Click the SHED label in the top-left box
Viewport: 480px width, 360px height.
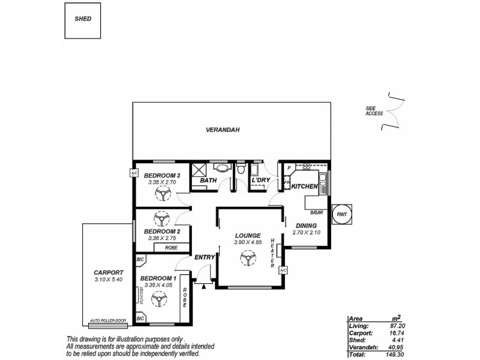click(x=83, y=19)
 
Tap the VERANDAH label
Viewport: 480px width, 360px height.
click(x=223, y=130)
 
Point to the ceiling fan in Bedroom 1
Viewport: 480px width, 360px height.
click(x=160, y=298)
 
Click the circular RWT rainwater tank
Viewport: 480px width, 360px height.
click(x=341, y=214)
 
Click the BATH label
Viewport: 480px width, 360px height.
click(x=208, y=180)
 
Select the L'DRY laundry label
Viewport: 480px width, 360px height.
click(x=260, y=180)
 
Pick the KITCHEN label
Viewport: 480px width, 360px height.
click(x=304, y=187)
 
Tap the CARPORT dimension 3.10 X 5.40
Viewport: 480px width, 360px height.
click(x=109, y=279)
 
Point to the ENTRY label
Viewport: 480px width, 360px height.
click(x=205, y=257)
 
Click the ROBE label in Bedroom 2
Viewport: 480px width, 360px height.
click(x=172, y=247)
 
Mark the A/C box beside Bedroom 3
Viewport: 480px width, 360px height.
click(x=133, y=173)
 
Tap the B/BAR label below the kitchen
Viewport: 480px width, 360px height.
click(x=316, y=212)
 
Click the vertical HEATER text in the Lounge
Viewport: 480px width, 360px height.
click(x=272, y=252)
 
